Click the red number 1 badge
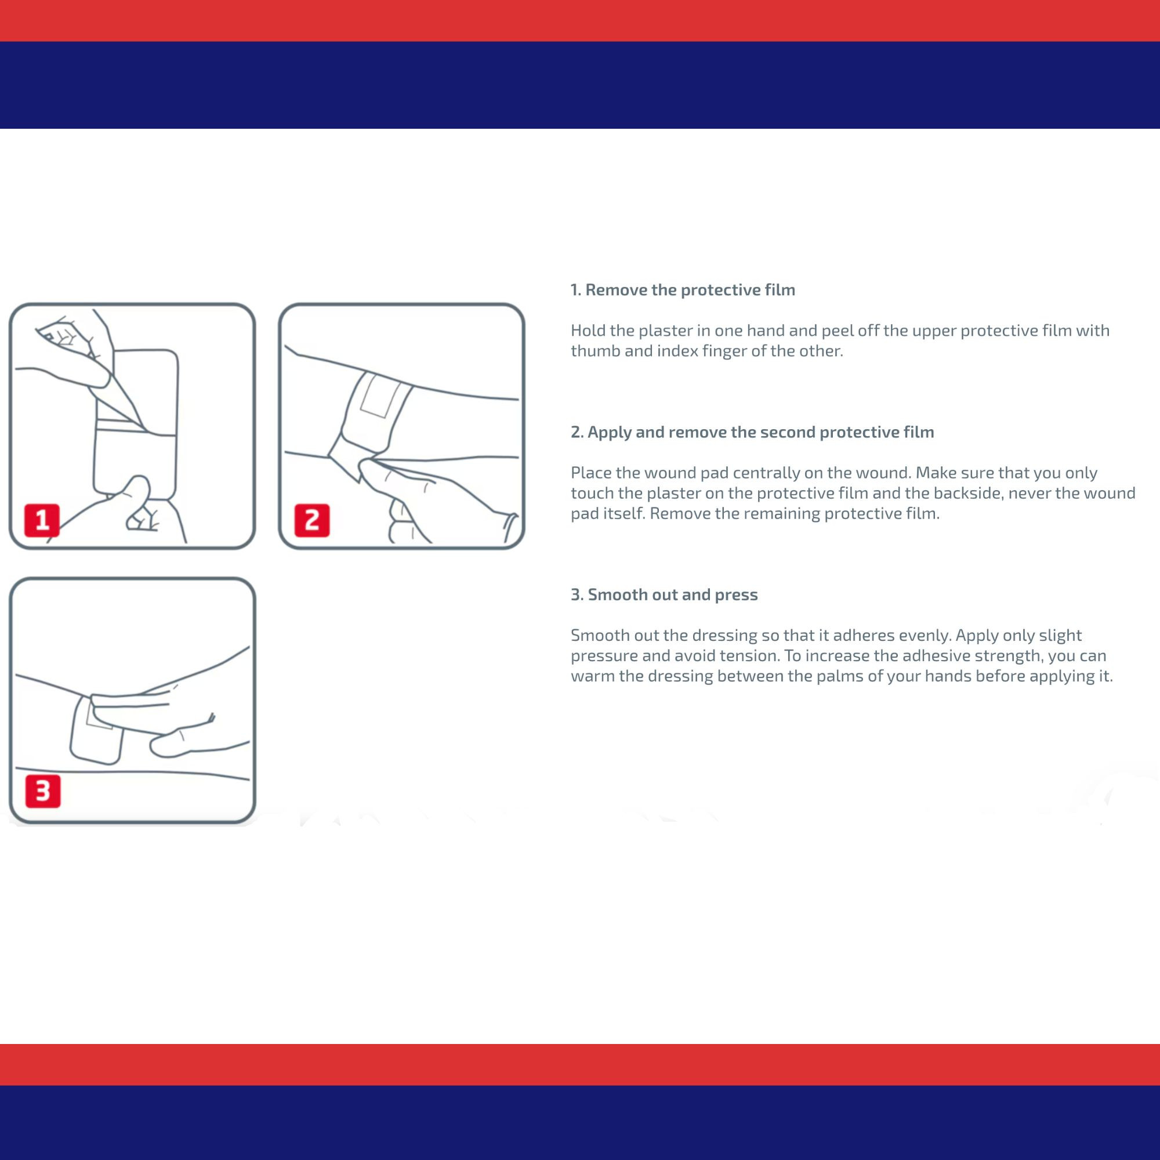pos(42,520)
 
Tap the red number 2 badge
pos(311,520)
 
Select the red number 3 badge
pos(42,791)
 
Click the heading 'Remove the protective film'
pos(683,290)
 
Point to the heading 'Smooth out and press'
pos(664,594)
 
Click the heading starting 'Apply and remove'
pos(752,432)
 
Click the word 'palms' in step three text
pos(854,676)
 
